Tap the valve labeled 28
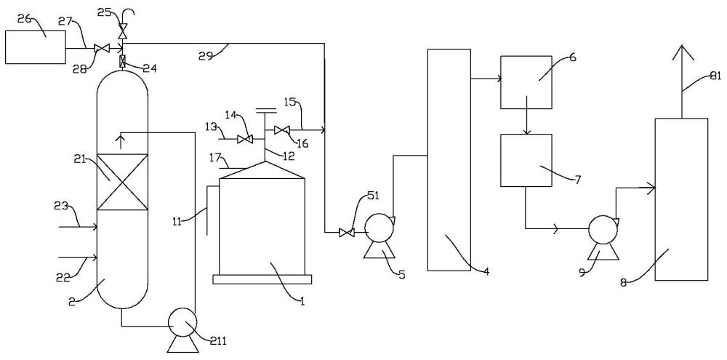click(x=102, y=49)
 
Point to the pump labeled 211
click(x=182, y=321)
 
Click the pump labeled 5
click(x=377, y=228)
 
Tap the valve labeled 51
click(x=347, y=232)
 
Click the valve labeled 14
click(x=246, y=139)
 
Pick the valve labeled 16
click(x=281, y=130)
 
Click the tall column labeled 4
click(x=449, y=160)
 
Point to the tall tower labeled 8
click(x=681, y=199)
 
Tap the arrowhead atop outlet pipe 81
click(x=681, y=52)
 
